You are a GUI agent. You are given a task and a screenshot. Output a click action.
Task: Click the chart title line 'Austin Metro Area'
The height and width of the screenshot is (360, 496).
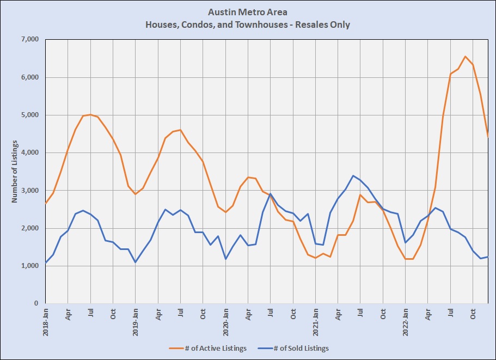click(248, 12)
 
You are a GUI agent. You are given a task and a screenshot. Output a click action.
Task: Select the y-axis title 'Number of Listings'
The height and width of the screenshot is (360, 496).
click(15, 171)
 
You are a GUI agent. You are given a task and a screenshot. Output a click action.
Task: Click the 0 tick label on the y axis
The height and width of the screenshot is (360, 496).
click(36, 303)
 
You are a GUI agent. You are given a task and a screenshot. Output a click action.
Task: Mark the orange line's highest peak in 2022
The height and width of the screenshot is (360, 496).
click(466, 57)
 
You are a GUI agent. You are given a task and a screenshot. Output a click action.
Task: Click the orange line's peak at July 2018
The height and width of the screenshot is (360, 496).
click(90, 114)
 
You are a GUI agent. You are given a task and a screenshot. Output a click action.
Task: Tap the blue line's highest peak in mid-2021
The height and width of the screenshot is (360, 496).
click(353, 175)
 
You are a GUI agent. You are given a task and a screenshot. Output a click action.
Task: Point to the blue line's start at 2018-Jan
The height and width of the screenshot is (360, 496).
click(46, 263)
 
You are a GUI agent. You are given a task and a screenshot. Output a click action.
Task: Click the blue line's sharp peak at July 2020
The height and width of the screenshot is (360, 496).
click(271, 194)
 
